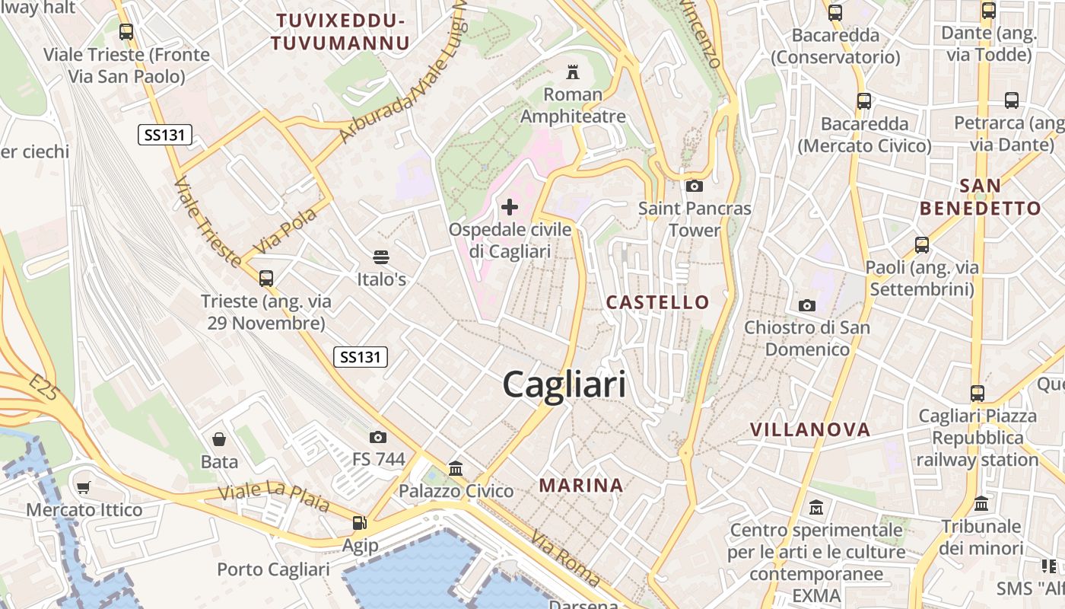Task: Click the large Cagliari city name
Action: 564,384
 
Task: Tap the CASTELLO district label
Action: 657,302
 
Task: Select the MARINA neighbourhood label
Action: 581,485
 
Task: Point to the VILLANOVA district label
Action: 810,429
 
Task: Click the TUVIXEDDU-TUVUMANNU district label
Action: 340,31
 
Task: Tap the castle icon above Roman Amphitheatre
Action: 573,72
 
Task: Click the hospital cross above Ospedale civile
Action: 510,206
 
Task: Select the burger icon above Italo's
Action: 381,257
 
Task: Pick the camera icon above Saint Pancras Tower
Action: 694,186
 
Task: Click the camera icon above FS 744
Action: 378,437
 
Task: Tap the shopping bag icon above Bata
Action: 219,439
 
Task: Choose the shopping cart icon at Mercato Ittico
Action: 84,487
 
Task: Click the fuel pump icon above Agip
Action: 359,523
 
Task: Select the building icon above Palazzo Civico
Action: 456,468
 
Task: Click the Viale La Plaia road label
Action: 274,496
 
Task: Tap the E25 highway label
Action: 45,387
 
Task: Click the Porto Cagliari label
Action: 273,569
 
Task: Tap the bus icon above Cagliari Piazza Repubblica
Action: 978,394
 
